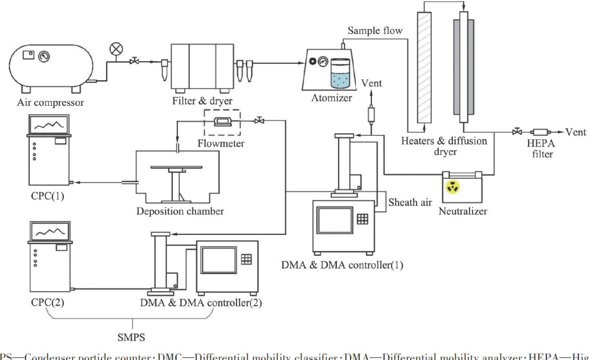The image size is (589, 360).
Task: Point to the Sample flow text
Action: tap(375, 31)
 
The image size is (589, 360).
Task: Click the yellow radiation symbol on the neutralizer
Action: tap(453, 187)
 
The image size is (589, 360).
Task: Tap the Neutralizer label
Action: tap(463, 211)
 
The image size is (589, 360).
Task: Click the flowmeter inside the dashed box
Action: tap(221, 121)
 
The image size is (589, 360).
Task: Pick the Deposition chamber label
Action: tap(180, 211)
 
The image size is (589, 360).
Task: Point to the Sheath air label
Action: tap(410, 202)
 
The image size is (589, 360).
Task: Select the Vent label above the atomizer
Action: tap(372, 83)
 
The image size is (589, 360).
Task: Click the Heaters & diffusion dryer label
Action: tap(444, 145)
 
